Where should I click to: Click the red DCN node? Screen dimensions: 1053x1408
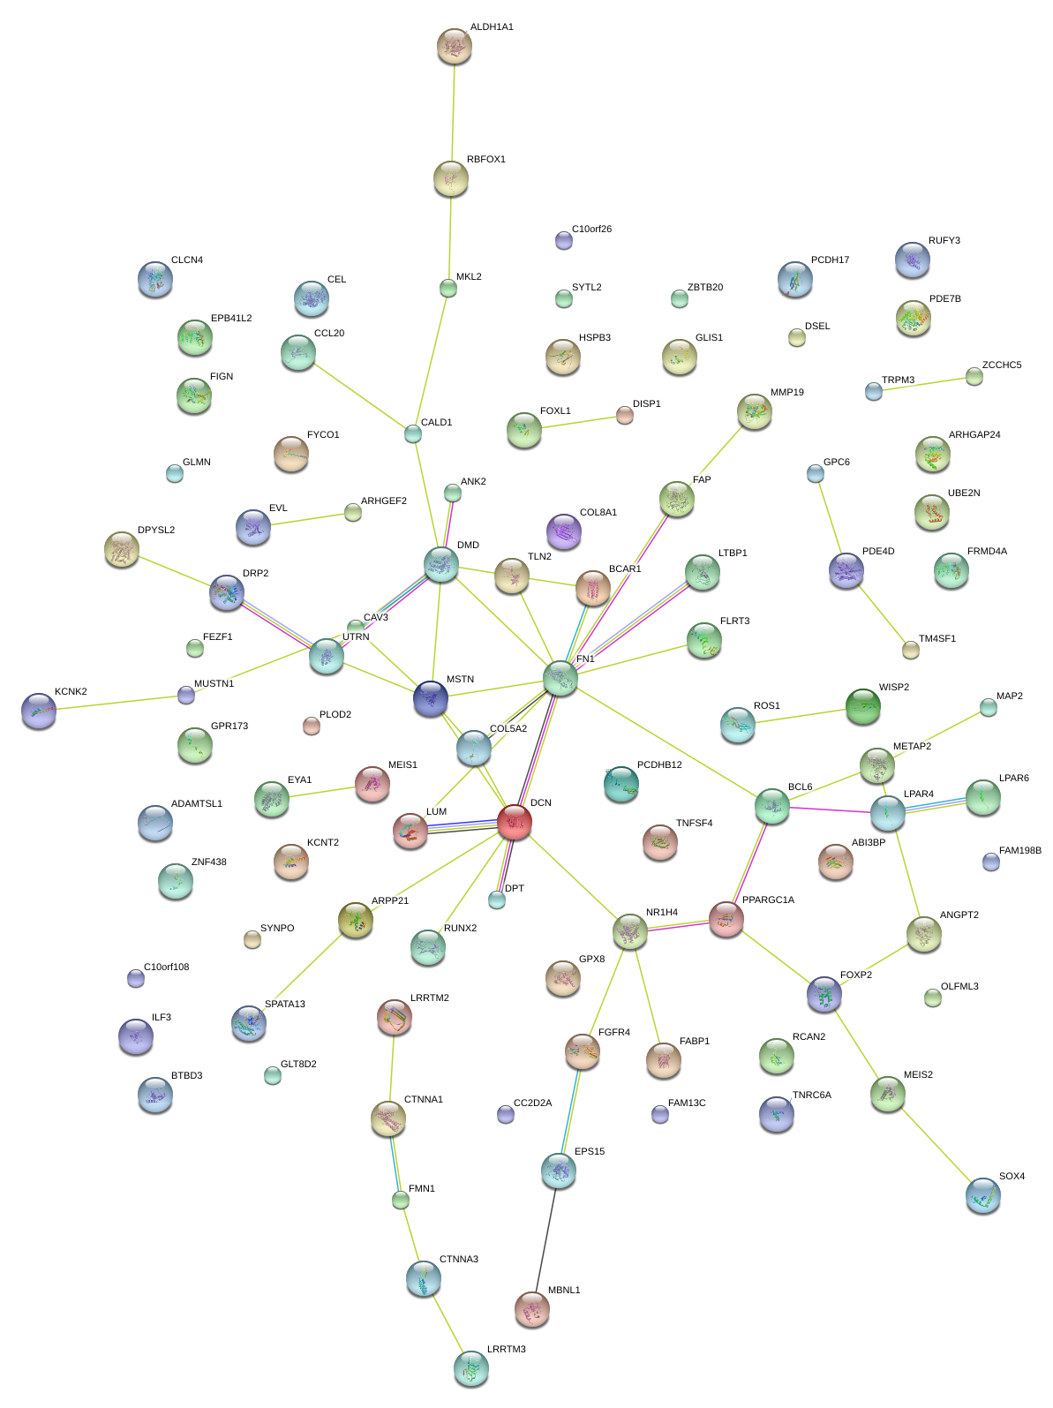515,822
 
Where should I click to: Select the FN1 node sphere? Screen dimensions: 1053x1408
560,678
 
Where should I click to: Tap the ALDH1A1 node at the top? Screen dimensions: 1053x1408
455,46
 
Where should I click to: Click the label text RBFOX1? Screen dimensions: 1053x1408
485,160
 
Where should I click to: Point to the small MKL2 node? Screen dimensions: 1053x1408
448,288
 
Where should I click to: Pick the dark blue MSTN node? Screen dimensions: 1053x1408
431,698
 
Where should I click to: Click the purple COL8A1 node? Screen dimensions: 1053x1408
564,531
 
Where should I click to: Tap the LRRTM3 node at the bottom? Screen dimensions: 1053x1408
470,1368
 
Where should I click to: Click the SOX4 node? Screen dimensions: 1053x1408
983,1195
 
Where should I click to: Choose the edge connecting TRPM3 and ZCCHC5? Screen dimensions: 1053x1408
923,384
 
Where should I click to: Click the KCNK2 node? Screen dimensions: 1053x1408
39,710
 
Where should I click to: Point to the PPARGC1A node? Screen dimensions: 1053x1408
726,919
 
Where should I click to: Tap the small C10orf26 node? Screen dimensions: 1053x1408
564,240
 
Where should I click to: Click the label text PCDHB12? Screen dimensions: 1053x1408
659,765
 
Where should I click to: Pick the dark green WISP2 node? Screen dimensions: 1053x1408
863,706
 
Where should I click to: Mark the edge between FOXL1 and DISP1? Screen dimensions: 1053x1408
575,423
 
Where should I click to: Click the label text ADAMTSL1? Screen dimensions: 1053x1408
196,804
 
